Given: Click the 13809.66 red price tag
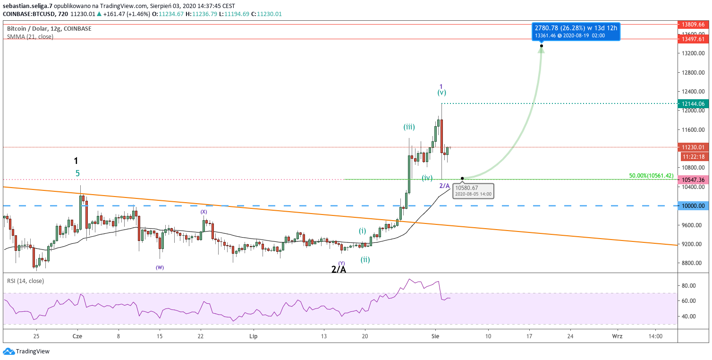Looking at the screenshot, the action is (693, 24).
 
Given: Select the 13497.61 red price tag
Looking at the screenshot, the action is (693, 39).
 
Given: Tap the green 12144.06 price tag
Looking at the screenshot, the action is (693, 103).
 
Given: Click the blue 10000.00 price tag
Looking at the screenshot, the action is (693, 206).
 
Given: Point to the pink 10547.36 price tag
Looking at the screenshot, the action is (693, 180).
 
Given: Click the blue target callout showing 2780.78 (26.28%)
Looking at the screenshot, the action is (576, 32).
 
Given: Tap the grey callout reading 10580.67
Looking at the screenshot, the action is (473, 191).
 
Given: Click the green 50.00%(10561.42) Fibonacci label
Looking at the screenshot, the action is (651, 176).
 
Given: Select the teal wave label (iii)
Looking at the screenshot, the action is (409, 127).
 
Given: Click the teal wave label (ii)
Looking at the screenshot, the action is (365, 259).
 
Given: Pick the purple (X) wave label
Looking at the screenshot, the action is (203, 212).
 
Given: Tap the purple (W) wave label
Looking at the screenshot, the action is (160, 267).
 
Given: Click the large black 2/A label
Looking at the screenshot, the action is (339, 269).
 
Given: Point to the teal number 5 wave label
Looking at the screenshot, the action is (77, 173).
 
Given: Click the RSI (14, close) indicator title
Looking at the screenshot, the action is (25, 281).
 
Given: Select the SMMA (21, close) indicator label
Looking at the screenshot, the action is (30, 36).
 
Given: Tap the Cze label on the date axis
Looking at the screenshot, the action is (77, 336).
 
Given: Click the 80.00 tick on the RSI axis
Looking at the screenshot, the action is (688, 285).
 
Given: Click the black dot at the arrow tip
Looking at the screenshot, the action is (542, 46).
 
